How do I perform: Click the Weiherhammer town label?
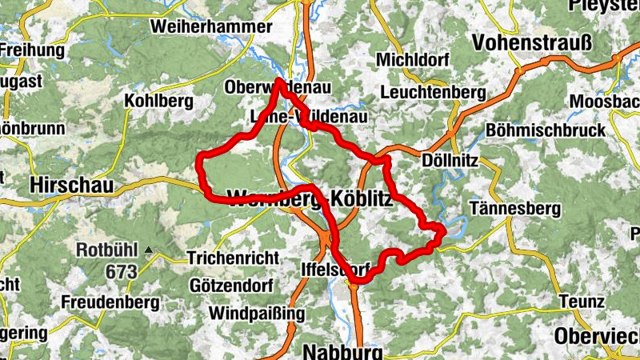pyautogui.click(x=210, y=27)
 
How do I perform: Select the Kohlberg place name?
pyautogui.click(x=159, y=102)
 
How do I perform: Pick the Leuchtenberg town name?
pyautogui.click(x=434, y=94)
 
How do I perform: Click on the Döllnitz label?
pyautogui.click(x=450, y=161)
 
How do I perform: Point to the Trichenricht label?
pyautogui.click(x=233, y=258)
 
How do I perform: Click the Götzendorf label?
pyautogui.click(x=232, y=286)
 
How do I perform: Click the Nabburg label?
pyautogui.click(x=344, y=351)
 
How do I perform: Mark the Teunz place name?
pyautogui.click(x=582, y=302)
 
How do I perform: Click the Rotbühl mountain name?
pyautogui.click(x=107, y=250)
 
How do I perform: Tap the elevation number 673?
pyautogui.click(x=120, y=272)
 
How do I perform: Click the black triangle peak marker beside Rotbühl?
pyautogui.click(x=149, y=250)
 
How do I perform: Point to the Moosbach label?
pyautogui.click(x=604, y=102)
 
